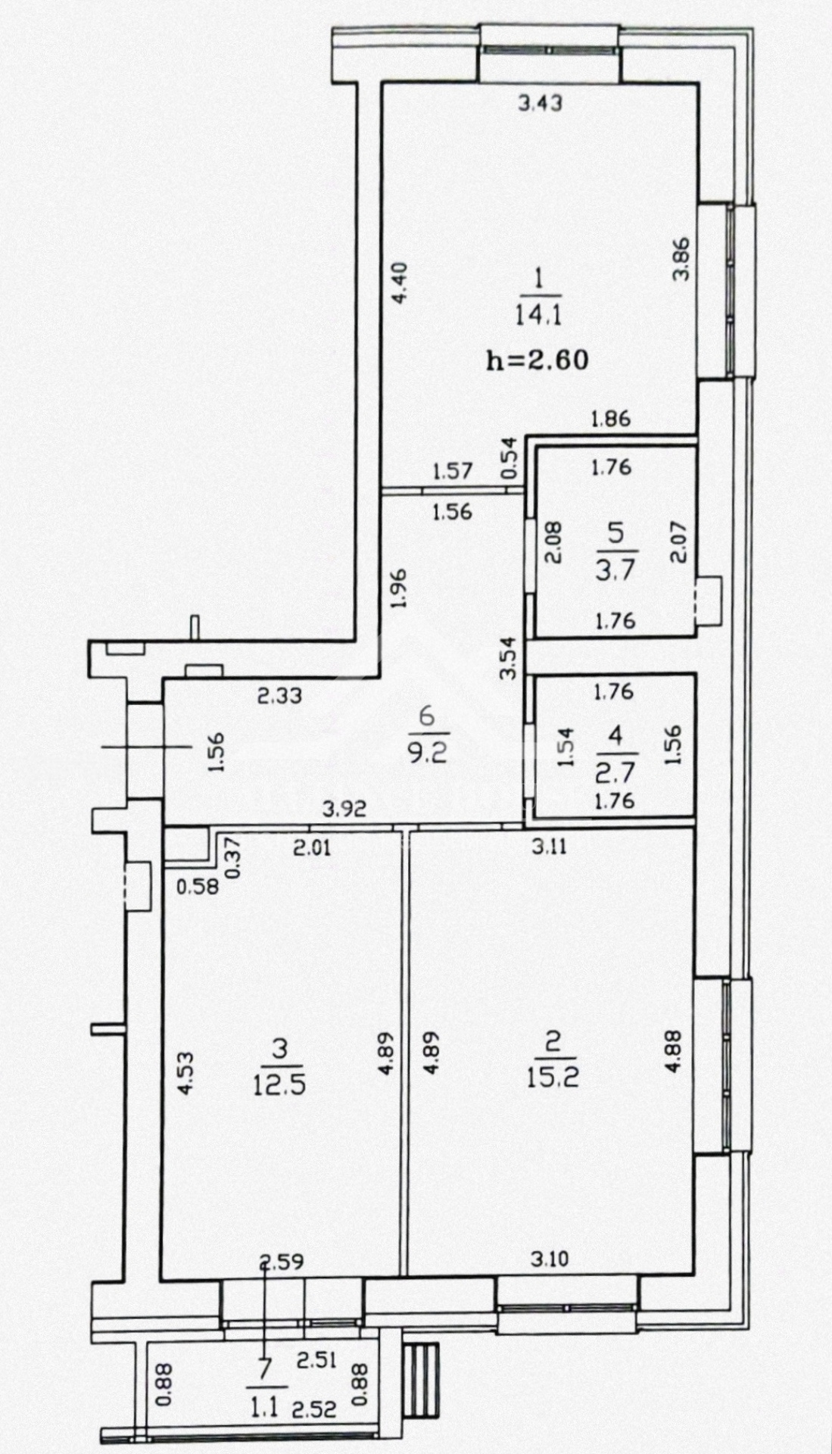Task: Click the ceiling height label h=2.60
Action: tap(537, 360)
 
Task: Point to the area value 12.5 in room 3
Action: tap(280, 1084)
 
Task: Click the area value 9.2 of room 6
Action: tap(428, 754)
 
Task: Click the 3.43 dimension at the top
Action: tap(541, 103)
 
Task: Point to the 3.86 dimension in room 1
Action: tap(682, 260)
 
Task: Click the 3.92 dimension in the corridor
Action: tap(344, 810)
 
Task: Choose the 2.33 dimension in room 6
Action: tap(280, 695)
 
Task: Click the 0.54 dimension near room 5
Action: tap(509, 458)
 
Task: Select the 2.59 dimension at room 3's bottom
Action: tap(282, 1262)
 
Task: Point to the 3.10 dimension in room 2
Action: tap(550, 1259)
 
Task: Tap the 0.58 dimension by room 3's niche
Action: tap(198, 886)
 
